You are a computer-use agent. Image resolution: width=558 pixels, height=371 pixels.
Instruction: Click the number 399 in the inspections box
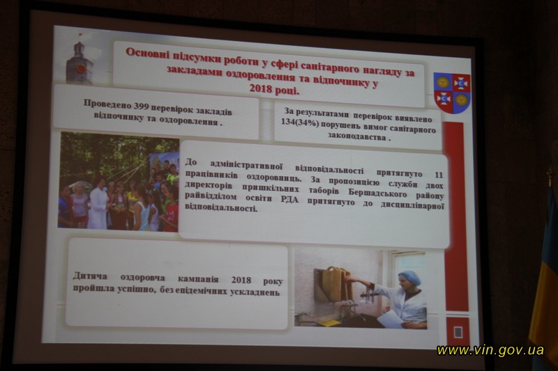[142, 106]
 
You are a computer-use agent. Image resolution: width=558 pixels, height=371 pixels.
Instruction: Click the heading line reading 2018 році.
[274, 89]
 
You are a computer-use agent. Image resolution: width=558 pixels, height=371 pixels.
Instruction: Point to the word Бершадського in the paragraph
[377, 193]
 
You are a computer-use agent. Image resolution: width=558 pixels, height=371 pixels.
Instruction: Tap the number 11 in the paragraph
[439, 175]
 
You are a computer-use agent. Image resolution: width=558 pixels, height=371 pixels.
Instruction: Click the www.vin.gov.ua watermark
[490, 350]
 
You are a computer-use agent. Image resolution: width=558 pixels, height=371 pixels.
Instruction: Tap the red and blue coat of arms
[452, 93]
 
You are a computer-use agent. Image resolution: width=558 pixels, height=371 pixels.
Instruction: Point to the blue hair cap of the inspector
[409, 277]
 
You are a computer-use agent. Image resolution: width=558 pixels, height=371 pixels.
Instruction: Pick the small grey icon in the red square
[458, 332]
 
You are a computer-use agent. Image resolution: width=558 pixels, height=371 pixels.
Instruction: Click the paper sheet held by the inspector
[391, 319]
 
